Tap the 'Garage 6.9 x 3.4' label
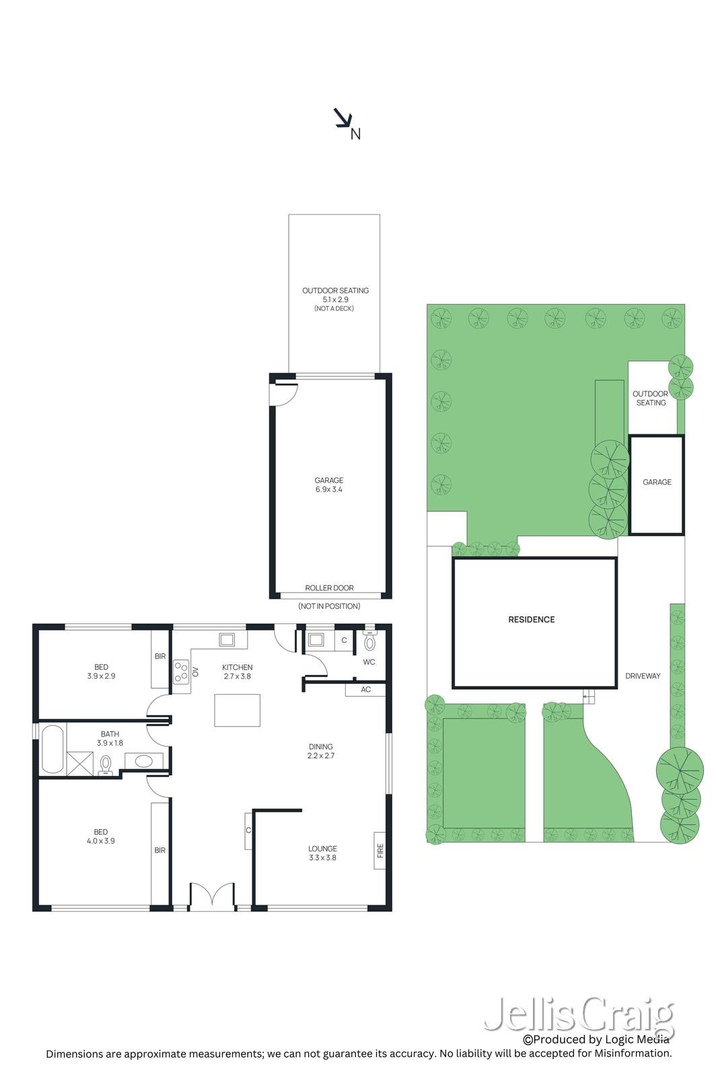pos(328,485)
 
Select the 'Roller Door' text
pos(329,588)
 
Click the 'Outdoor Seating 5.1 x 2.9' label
pos(335,295)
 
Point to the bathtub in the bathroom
pos(52,748)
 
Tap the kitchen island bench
pos(237,710)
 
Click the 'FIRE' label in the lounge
pos(380,851)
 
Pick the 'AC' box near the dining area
pos(365,689)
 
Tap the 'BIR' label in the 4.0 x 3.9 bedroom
pos(160,850)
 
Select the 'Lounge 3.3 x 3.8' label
pos(322,853)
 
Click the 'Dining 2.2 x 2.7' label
pos(321,751)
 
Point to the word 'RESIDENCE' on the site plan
pos(531,619)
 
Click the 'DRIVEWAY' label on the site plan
pos(643,676)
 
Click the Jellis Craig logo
pos(579,1015)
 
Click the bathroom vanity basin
pos(143,761)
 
